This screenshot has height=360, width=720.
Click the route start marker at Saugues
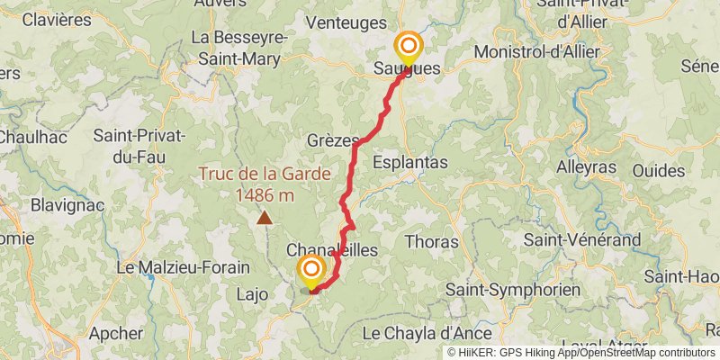408,47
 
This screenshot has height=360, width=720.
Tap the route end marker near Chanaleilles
312,270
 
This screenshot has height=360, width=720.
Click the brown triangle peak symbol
265,217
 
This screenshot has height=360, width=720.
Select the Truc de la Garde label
265,175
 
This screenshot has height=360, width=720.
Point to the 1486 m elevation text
265,194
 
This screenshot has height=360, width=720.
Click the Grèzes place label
332,140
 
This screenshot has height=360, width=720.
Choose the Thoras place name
432,241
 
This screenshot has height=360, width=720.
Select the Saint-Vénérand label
581,239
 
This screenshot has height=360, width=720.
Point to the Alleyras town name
586,166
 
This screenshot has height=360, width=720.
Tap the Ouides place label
658,170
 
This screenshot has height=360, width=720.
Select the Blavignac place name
67,205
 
